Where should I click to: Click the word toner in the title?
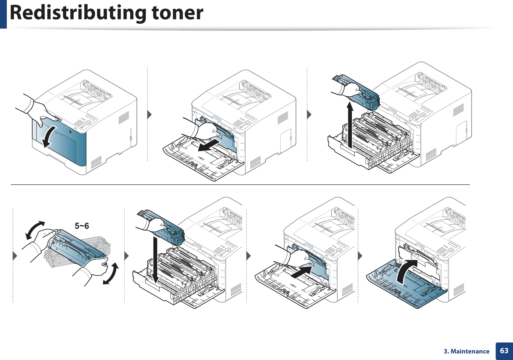coord(177,13)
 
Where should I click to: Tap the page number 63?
coord(504,351)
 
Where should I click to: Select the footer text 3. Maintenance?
coord(466,351)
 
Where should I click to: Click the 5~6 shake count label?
coord(82,226)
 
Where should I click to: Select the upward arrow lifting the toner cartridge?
coord(350,124)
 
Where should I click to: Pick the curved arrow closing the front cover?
coord(406,270)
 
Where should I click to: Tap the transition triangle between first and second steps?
coord(150,114)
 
